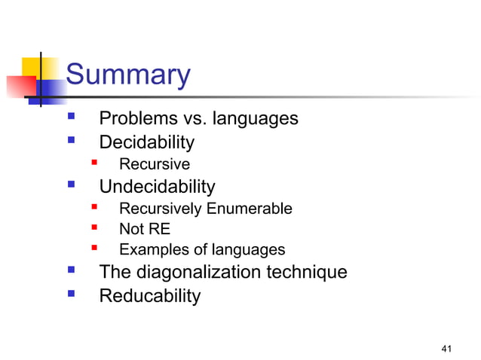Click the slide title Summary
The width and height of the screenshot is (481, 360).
(127, 75)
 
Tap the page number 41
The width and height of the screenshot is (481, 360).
(447, 347)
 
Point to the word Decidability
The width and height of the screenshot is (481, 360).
(147, 142)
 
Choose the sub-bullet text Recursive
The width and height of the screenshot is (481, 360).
(155, 164)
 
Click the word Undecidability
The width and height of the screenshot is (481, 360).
(157, 187)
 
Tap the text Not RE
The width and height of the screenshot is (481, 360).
(145, 230)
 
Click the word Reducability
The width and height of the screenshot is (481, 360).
(150, 296)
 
